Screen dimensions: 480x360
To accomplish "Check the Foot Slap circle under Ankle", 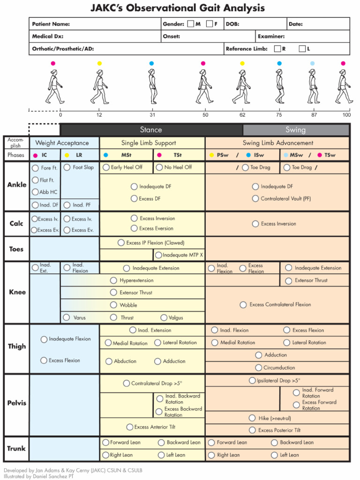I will (x=67, y=167).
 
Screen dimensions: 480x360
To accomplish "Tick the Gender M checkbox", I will (x=190, y=24).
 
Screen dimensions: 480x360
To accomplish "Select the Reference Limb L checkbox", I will (x=302, y=49).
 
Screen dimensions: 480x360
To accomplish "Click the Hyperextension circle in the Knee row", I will (x=113, y=280).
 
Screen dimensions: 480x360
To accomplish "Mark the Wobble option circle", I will (x=113, y=305).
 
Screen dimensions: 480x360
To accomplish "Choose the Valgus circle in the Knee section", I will (x=164, y=318).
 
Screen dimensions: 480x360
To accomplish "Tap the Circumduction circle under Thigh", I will (x=258, y=368).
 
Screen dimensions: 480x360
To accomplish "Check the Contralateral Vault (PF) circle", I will (x=255, y=199).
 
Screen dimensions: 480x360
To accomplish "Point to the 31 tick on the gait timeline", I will (x=153, y=115).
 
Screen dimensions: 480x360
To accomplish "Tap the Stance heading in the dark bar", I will (x=151, y=130).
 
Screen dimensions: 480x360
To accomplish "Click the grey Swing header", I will (x=295, y=130).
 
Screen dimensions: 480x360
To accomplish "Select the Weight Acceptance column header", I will (x=62, y=143).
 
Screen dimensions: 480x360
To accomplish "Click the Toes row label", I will (x=16, y=249).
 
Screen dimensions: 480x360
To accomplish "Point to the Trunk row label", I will (x=16, y=449).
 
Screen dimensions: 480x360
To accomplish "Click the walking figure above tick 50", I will (x=204, y=87).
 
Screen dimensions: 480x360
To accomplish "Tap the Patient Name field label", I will (x=51, y=24).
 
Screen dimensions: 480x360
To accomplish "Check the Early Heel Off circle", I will (x=106, y=167).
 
